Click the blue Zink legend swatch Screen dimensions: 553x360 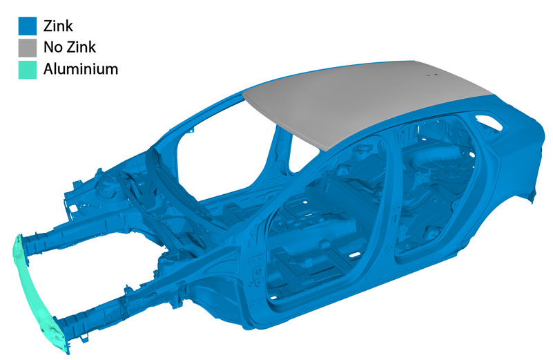28,26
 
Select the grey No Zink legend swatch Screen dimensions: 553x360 28,48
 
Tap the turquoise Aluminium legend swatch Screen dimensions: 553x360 28,70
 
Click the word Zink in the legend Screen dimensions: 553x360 58,26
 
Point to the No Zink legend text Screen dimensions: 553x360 70,47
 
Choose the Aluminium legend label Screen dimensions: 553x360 81,69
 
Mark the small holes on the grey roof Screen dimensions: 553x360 431,75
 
